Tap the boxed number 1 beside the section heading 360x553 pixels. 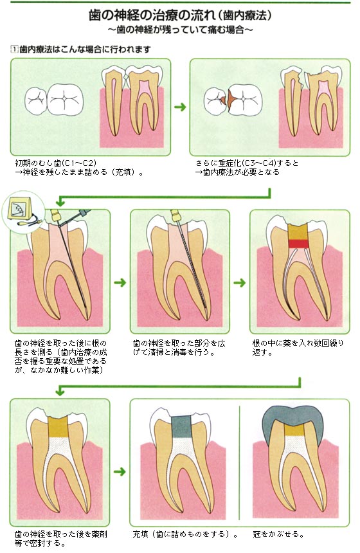14,49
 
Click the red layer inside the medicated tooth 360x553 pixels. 298,244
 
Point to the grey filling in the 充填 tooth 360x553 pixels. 181,425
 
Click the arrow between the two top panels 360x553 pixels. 180,107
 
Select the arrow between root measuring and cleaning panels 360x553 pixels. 120,282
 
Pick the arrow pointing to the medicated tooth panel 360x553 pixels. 240,282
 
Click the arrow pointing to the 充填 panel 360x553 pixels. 120,471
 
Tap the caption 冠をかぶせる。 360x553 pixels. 278,534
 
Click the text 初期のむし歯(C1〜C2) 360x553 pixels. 56,163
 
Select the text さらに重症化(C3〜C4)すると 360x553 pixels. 247,163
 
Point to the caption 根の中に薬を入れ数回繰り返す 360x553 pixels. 298,347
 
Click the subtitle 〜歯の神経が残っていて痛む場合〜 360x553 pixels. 180,30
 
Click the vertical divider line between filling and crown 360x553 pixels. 239,463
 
